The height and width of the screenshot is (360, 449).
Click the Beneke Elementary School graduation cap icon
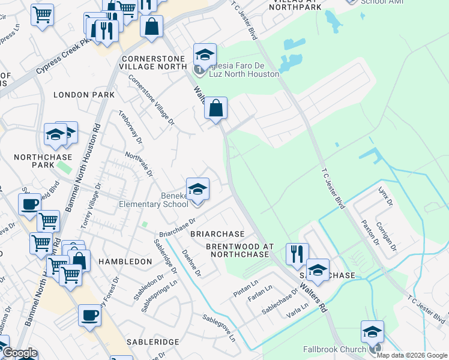pos(197,190)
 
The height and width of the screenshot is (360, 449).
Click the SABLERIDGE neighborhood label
pos(152,341)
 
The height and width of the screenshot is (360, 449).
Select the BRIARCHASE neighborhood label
pos(217,234)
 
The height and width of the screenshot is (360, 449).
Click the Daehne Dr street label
pos(191,263)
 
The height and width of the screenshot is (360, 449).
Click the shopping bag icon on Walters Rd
pos(215,109)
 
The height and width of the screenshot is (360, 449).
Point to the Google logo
pos(20,353)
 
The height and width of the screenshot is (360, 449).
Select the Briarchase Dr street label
pos(177,227)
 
